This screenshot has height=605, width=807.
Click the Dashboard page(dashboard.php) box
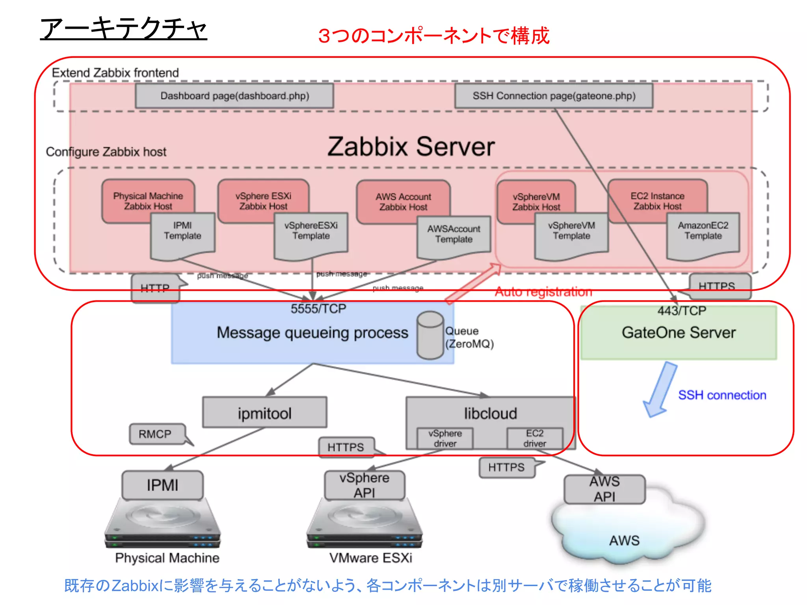pyautogui.click(x=234, y=96)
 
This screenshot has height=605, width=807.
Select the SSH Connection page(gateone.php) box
pyautogui.click(x=554, y=96)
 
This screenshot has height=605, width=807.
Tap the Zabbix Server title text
pyautogui.click(x=411, y=147)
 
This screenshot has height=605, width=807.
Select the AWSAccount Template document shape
pyautogui.click(x=454, y=238)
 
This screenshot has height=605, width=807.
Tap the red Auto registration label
pyautogui.click(x=543, y=292)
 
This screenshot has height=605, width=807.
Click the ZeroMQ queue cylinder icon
pyautogui.click(x=430, y=335)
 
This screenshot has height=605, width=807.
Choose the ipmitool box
pyautogui.click(x=264, y=413)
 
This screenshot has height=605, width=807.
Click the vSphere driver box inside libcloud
pyautogui.click(x=445, y=438)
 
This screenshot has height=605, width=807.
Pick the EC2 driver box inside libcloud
pyautogui.click(x=535, y=438)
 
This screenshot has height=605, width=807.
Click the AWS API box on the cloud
pyautogui.click(x=604, y=489)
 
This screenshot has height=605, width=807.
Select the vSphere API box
pyautogui.click(x=364, y=485)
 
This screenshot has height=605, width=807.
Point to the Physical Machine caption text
pyautogui.click(x=167, y=558)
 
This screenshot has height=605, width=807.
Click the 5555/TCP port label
pyautogui.click(x=318, y=309)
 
